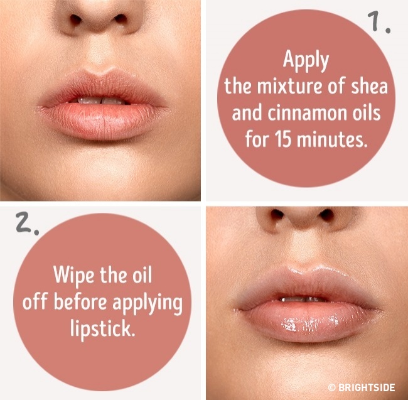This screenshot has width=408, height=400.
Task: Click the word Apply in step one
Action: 306,61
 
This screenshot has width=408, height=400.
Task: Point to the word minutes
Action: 332,140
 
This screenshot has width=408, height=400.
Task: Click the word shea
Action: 370,86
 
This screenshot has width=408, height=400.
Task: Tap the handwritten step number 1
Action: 379,22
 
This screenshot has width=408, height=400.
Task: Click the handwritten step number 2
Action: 27,222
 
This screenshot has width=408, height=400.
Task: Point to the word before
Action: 80,302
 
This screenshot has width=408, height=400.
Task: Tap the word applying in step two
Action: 148,304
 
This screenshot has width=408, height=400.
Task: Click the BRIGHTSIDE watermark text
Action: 367,387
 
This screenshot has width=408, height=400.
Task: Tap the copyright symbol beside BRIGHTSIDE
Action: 332,387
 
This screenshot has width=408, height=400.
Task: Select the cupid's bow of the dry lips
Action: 100,72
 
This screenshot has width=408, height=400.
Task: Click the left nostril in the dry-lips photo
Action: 75,19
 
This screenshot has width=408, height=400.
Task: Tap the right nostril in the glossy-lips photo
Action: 327,215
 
